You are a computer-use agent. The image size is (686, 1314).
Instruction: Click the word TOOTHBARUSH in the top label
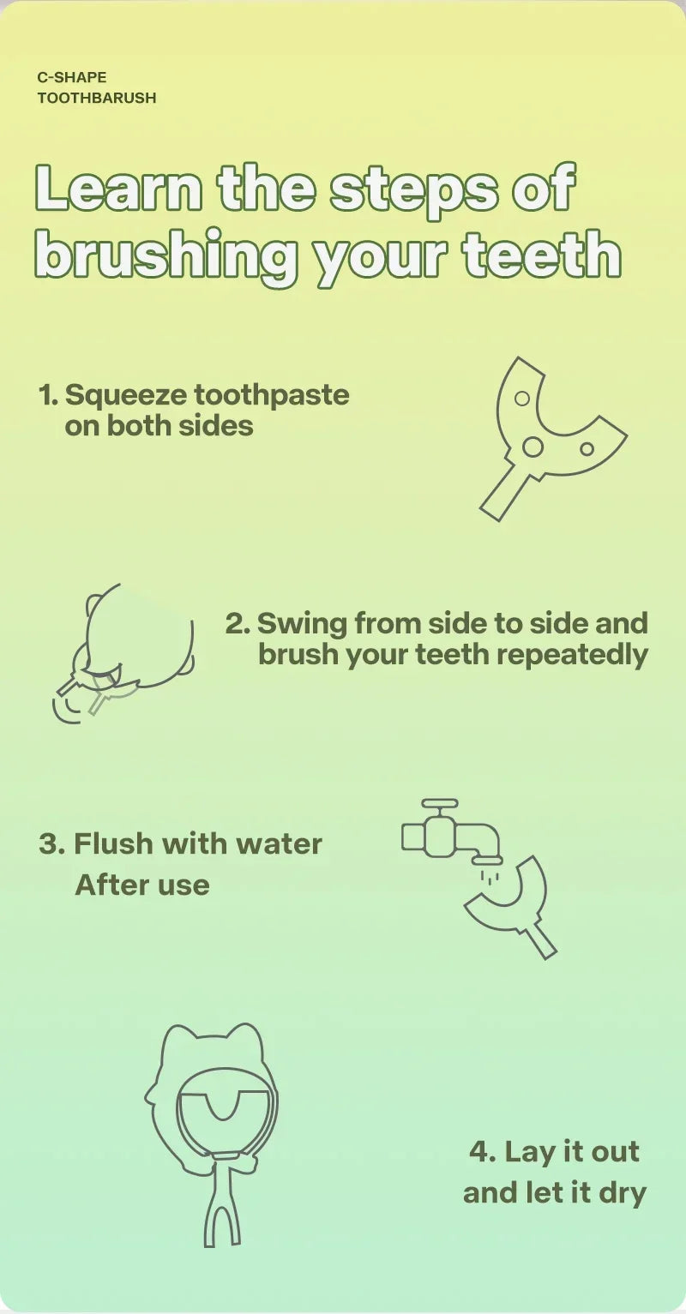tap(97, 98)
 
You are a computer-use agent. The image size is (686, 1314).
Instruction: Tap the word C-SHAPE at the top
tap(72, 78)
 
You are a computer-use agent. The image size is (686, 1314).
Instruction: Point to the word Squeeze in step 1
tap(125, 395)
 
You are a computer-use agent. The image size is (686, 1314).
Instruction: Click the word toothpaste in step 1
tap(272, 396)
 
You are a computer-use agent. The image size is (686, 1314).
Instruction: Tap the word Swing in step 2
tap(301, 623)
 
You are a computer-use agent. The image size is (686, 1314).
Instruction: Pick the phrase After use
tap(142, 885)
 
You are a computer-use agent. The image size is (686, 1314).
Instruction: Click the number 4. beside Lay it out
tap(483, 1151)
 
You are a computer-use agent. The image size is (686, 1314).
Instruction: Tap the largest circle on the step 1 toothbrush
tap(533, 447)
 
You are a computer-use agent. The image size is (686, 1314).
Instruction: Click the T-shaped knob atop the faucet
tap(440, 805)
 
